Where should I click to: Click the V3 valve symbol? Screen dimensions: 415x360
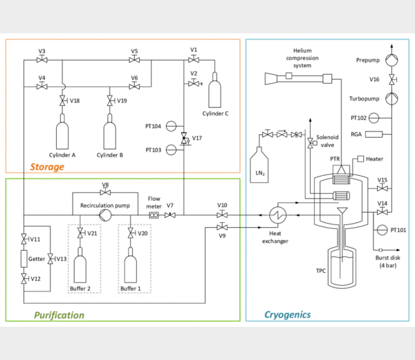point(42,60)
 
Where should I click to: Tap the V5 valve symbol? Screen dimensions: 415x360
point(134,60)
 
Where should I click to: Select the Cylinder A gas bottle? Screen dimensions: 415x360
point(62,132)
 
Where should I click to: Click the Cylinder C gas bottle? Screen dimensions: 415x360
point(214,90)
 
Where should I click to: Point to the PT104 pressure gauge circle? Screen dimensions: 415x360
point(171,126)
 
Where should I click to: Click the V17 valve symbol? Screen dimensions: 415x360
point(185,138)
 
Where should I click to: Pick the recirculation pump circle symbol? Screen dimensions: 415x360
point(105,215)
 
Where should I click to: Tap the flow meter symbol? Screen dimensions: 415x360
point(154,215)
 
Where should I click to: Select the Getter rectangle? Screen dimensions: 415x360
point(24,258)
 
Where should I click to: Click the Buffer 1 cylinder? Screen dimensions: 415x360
point(131,265)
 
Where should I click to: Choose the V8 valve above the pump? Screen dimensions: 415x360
point(105,192)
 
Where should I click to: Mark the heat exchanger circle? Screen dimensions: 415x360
point(277,215)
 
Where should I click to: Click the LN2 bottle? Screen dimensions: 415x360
point(259,165)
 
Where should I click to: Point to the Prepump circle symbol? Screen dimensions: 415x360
point(391,60)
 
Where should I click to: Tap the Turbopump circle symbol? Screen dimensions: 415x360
point(391,98)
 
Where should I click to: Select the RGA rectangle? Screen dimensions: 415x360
point(373,134)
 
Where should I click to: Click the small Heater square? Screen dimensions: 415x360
point(360,159)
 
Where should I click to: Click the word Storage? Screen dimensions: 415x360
point(47,167)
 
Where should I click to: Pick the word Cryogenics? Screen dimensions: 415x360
point(288,315)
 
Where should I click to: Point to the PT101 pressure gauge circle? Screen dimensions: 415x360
point(382,230)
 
